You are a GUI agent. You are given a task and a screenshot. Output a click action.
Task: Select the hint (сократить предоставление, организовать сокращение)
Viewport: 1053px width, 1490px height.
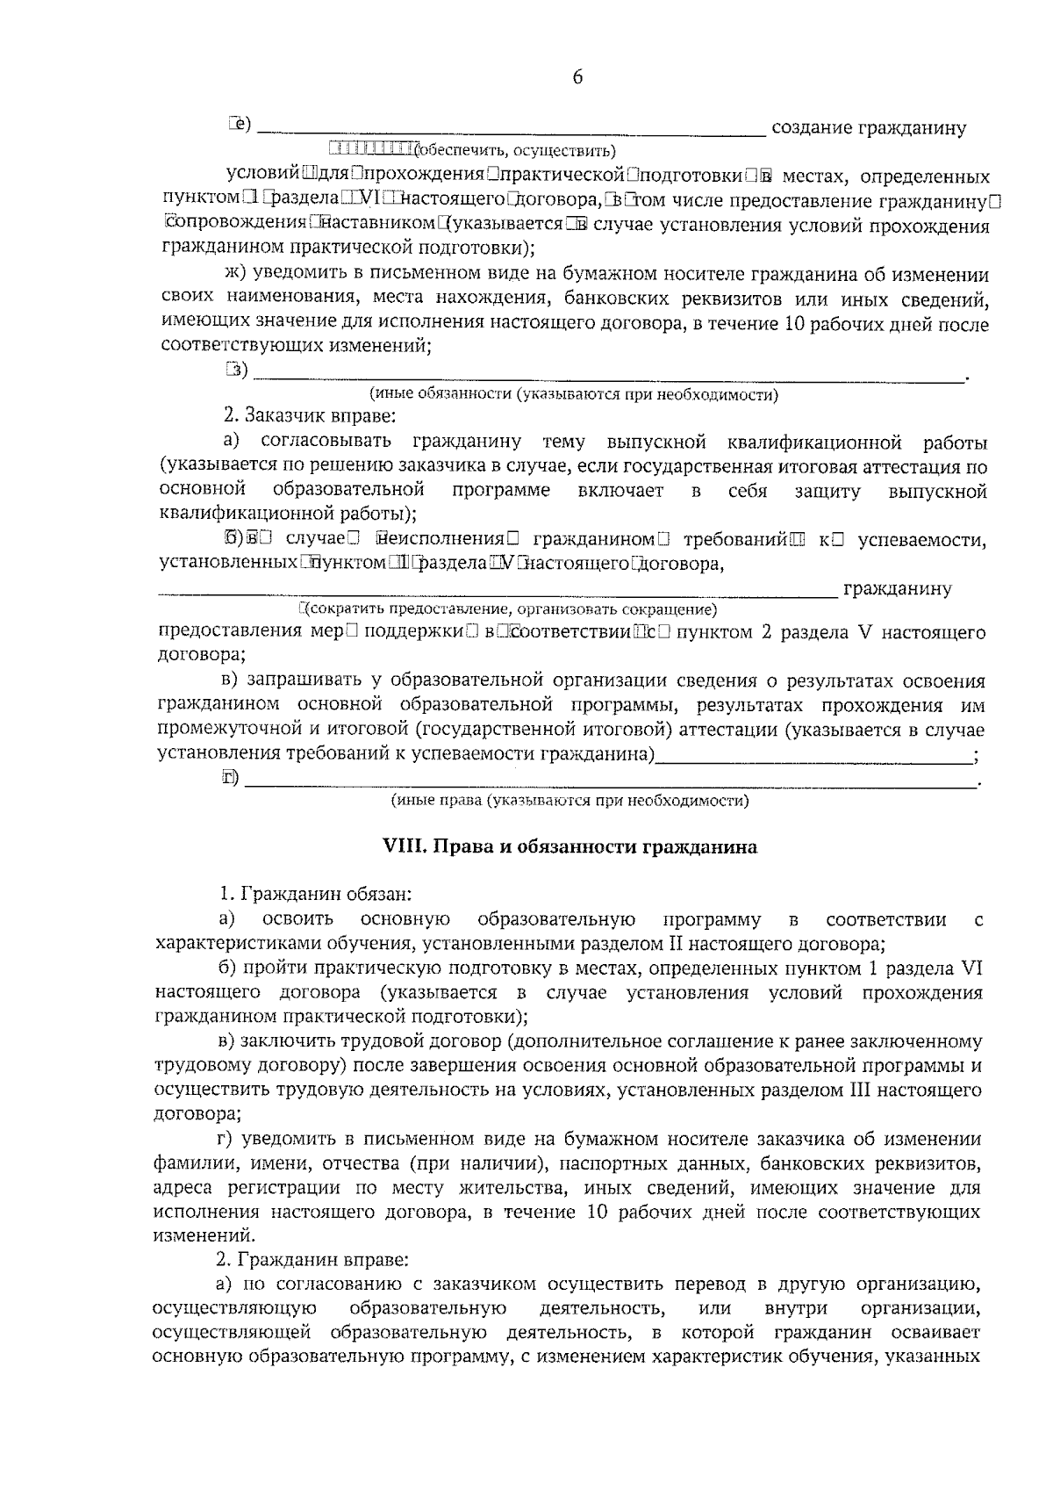coord(509,608)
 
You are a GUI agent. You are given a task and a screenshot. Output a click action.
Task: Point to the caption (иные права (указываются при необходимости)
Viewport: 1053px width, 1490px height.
coord(569,800)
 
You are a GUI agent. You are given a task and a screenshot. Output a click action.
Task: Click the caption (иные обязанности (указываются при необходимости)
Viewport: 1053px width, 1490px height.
coord(574,394)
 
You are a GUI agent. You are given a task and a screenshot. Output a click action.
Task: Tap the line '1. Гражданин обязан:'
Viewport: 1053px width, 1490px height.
coord(314,895)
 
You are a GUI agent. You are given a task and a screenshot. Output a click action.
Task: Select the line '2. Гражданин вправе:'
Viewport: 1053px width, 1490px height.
coord(312,1260)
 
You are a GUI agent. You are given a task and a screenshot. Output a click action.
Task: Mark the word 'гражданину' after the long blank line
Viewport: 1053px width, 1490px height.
coord(897,588)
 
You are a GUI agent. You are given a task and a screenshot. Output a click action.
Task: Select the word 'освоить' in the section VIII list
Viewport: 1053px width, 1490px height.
coord(297,919)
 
